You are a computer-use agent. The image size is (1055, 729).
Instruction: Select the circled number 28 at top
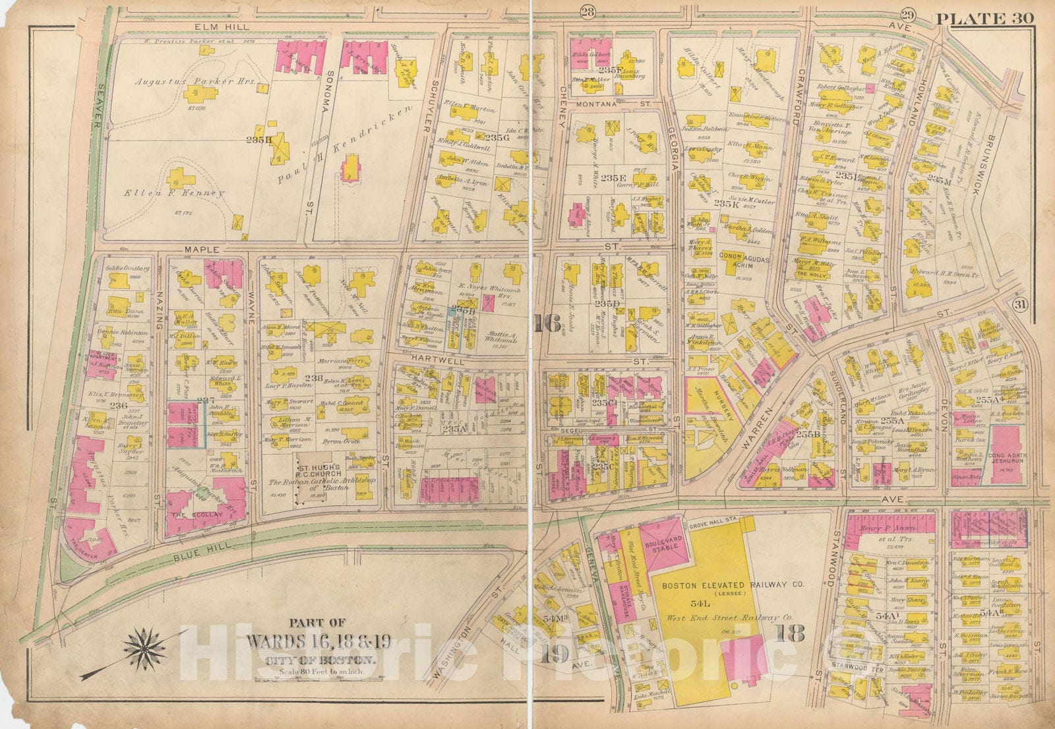tap(587, 10)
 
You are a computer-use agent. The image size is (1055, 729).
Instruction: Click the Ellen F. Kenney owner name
tap(175, 193)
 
